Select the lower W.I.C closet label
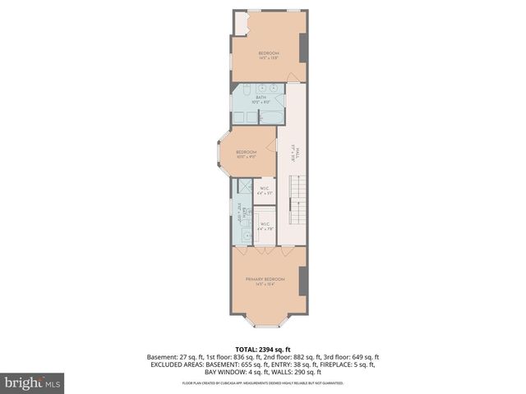tap(265, 226)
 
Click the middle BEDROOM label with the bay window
tap(247, 153)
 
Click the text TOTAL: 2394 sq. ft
tap(263, 349)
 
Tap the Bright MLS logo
tap(33, 383)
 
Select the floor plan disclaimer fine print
tap(263, 383)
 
